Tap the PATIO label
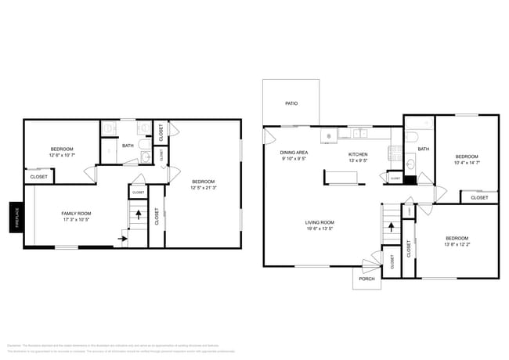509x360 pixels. point(291,103)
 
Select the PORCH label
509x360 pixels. point(366,279)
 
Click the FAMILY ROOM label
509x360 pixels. point(77,214)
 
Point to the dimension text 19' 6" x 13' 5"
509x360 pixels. point(319,229)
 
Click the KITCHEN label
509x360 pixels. point(358,154)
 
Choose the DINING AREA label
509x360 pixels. point(294,153)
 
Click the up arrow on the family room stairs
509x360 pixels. point(139,212)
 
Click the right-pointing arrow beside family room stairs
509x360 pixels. point(123,239)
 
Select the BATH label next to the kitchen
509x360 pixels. point(423,149)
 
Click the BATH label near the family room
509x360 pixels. point(127,146)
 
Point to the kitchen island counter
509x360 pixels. point(342,178)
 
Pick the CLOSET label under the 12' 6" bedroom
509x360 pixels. point(38,177)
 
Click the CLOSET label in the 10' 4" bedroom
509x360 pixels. point(478,198)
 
